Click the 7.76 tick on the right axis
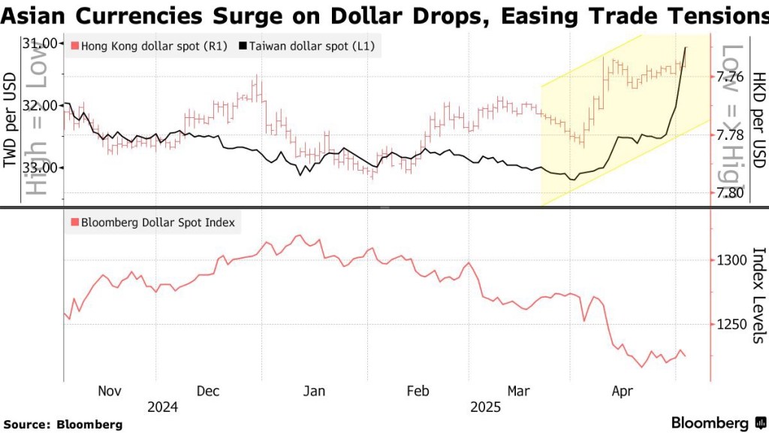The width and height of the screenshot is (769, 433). (x=730, y=77)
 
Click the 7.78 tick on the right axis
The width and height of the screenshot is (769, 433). (x=730, y=135)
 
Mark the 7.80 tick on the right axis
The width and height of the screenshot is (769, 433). (x=730, y=193)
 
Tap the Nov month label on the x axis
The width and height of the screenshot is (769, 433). (x=110, y=391)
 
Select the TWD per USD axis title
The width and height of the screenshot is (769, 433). (x=11, y=120)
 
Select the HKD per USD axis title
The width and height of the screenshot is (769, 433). (x=758, y=120)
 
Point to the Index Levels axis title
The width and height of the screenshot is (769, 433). (x=758, y=295)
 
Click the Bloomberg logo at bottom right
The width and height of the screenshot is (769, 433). (x=709, y=422)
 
